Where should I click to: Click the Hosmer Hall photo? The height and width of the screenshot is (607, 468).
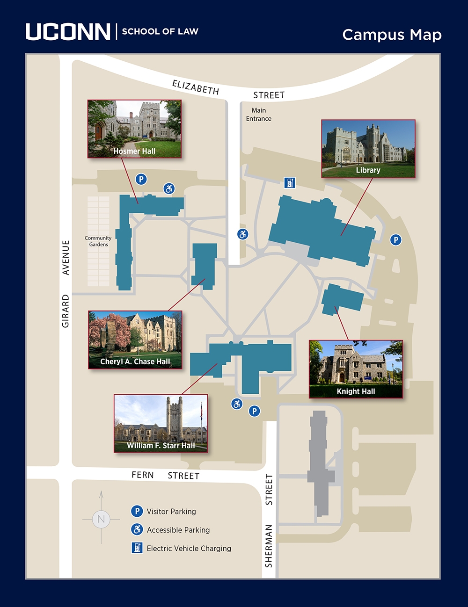(134, 129)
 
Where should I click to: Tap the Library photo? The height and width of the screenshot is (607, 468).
(368, 149)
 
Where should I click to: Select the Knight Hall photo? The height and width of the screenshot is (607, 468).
(356, 369)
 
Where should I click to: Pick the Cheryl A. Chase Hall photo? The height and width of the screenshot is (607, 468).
(135, 340)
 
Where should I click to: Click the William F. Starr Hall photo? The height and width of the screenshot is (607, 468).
(161, 423)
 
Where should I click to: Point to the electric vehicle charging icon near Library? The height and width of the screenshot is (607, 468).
(290, 182)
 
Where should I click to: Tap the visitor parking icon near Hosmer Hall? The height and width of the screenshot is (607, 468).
(141, 179)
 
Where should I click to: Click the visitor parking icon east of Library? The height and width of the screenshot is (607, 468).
(396, 240)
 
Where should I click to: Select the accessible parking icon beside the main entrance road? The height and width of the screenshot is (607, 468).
(242, 234)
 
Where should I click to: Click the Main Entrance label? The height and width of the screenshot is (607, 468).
(259, 115)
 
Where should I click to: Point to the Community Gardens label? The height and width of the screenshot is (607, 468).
(98, 241)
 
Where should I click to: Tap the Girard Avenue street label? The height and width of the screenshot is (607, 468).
(66, 283)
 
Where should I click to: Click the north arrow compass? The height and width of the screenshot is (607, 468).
(101, 518)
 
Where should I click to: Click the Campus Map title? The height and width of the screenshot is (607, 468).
(392, 35)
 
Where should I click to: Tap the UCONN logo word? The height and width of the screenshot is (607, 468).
(68, 31)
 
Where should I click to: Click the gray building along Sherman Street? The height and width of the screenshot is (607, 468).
(320, 463)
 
